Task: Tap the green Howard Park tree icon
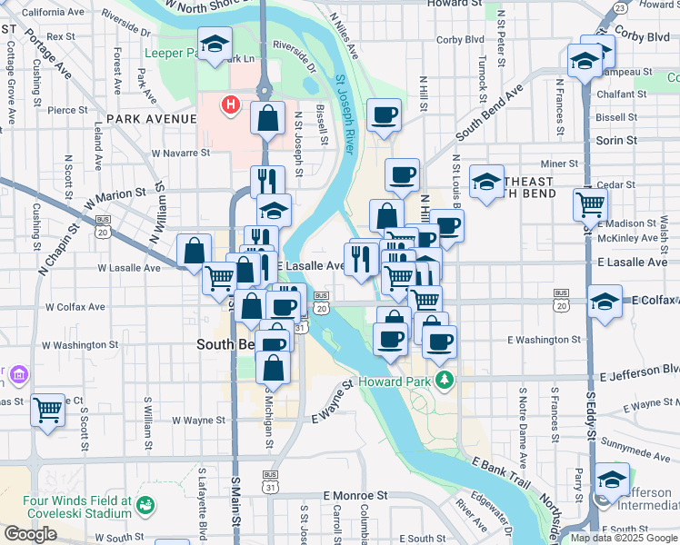tap(444, 379)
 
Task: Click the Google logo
tap(30, 533)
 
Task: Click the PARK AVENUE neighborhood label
tap(151, 119)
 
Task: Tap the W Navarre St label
tap(181, 154)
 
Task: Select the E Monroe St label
tap(355, 497)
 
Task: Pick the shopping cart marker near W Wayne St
tap(48, 410)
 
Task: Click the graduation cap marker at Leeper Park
tap(215, 45)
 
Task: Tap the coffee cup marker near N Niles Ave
tap(385, 115)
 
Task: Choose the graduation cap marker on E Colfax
tap(605, 302)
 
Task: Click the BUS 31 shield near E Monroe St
tap(270, 481)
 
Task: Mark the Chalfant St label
tap(622, 93)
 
